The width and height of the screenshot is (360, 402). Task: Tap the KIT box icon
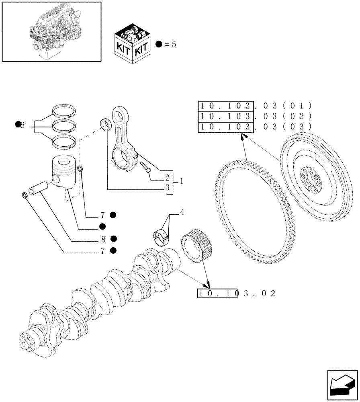coord(132,44)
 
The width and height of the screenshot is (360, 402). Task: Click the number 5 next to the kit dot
coord(174,44)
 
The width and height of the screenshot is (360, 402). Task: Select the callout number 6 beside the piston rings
coord(22,125)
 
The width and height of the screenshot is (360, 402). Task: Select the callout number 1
coord(181,182)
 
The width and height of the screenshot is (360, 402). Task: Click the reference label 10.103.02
coord(236,293)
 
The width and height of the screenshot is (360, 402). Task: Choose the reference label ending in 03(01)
coord(255,106)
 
